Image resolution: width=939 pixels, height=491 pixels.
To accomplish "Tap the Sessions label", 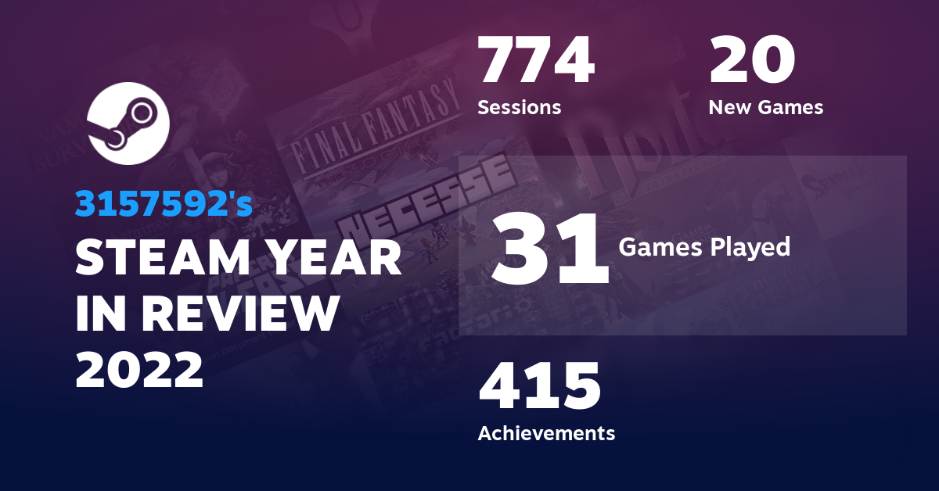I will tap(520, 107).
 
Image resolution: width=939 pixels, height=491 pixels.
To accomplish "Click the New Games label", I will tap(765, 107).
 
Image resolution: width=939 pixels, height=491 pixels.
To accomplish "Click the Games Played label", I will tap(704, 248).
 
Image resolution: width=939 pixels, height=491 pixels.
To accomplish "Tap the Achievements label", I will tap(546, 432).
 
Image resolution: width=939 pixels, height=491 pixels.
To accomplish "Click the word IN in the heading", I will tap(99, 314).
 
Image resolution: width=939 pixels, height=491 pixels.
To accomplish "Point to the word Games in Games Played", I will tap(656, 248).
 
